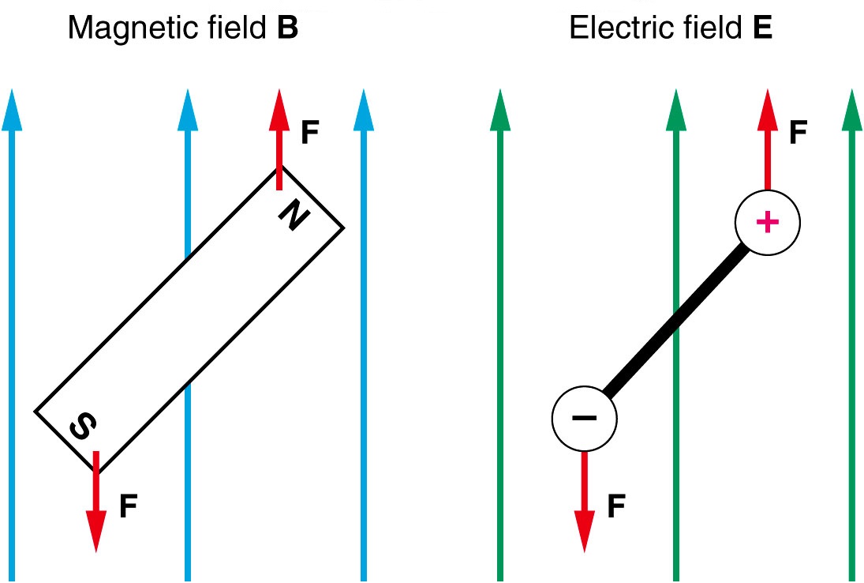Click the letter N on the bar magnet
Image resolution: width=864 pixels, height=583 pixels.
292,215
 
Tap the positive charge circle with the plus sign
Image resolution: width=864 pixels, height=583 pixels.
767,222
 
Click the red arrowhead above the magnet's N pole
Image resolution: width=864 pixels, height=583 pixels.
278,111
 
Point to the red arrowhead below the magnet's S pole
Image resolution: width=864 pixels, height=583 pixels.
96,529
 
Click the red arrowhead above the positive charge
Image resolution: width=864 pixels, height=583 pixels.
765,111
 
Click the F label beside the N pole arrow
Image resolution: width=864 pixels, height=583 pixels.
310,133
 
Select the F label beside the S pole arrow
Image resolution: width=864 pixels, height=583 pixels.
129,506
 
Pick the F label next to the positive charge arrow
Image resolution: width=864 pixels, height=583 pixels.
798,133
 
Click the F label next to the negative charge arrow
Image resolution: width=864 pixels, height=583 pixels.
616,506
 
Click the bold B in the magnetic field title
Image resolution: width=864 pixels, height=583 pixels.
287,29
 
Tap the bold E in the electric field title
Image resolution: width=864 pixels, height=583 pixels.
762,29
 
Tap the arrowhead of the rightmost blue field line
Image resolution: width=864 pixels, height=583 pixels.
363,111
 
